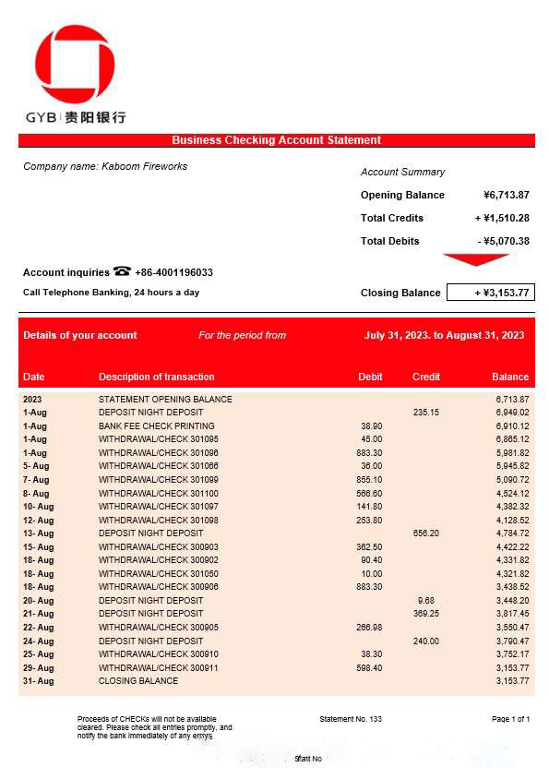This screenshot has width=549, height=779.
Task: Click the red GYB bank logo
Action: pos(75,66)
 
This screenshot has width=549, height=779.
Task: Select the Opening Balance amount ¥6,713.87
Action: pos(506,195)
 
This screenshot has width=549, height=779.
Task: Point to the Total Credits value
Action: pos(502,218)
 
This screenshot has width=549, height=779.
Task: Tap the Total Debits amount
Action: pos(503,241)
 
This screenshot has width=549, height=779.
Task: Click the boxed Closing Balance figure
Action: pos(490,293)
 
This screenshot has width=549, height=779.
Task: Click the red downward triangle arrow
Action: pos(475,259)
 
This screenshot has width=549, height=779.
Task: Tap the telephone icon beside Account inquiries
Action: pos(122,271)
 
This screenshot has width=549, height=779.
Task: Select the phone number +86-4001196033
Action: pos(174,272)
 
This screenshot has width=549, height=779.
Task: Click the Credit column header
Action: pos(425,377)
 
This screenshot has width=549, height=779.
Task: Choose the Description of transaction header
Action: pos(156,377)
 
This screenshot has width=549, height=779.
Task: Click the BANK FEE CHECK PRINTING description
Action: pos(156,426)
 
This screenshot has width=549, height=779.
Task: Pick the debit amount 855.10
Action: pos(369,480)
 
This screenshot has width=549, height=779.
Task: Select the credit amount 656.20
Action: pos(425,533)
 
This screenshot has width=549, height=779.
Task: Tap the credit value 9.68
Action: pos(425,600)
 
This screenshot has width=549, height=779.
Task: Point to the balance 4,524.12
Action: pos(512,494)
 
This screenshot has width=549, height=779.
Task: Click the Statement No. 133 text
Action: pos(350,719)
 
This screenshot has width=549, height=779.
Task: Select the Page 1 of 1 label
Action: pos(510,719)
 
